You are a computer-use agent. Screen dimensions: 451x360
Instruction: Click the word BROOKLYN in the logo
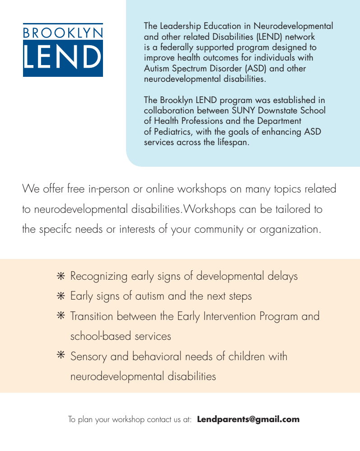(63, 33)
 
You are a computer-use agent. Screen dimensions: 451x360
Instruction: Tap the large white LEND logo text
(63, 57)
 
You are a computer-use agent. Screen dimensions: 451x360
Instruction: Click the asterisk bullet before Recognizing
(61, 276)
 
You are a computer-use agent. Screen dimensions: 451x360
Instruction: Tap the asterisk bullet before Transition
(61, 316)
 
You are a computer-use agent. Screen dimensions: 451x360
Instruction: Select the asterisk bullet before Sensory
(61, 356)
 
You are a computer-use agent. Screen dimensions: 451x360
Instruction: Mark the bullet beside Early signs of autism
(61, 296)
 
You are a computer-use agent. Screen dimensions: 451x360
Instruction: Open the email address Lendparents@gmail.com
(248, 419)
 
